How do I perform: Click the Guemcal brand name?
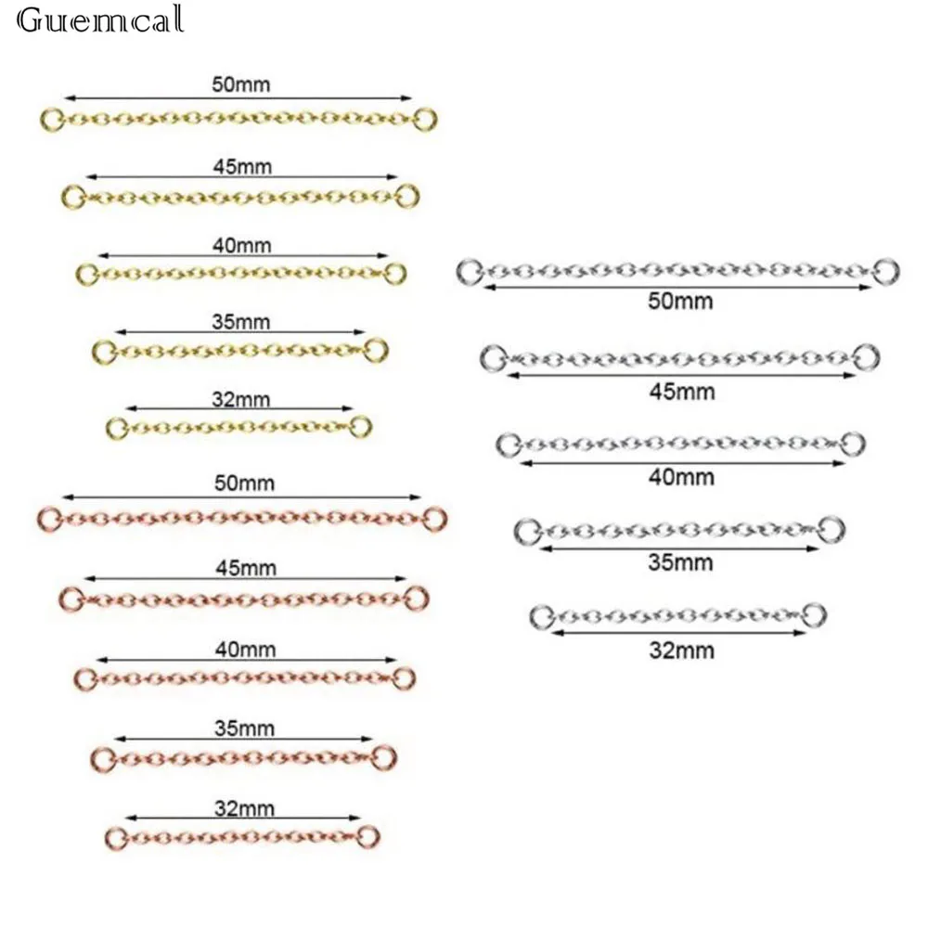101,20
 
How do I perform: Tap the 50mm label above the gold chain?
239,85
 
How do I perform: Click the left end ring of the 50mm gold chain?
53,119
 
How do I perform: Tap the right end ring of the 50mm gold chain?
425,119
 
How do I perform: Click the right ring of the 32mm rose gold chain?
368,834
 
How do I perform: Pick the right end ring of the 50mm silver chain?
887,268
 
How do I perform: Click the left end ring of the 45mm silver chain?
493,356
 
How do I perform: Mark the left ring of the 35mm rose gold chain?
102,757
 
